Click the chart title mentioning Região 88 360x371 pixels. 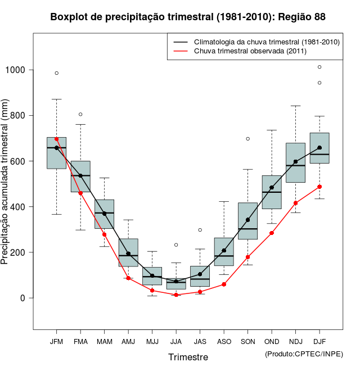coord(188,17)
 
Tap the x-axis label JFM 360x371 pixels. coord(56,341)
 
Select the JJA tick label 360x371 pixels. coord(176,341)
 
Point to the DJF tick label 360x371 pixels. coord(319,341)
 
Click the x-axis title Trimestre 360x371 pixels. coord(188,357)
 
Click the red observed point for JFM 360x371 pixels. coord(56,139)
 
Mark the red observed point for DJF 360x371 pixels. coord(319,187)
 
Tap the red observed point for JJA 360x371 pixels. coord(176,295)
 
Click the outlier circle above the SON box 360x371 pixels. coord(247,138)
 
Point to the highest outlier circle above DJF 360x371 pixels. coord(319,67)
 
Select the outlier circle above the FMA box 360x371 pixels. coord(80,114)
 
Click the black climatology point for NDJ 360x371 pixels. coord(295,161)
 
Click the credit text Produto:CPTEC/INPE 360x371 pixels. coord(303,354)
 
